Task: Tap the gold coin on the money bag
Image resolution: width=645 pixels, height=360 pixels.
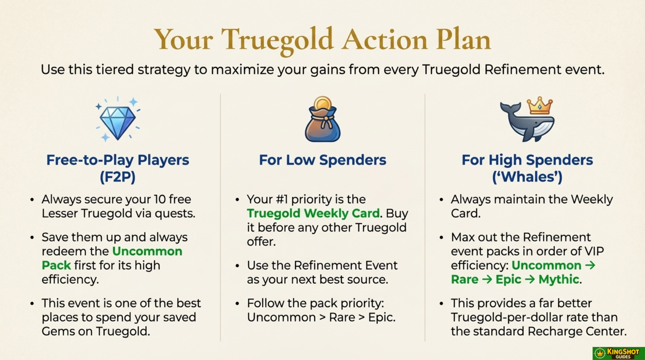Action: [322, 104]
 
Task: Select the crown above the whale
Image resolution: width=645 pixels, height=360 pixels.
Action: [539, 106]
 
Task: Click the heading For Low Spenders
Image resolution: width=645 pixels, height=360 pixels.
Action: [322, 160]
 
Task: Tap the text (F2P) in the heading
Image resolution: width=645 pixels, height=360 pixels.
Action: [117, 177]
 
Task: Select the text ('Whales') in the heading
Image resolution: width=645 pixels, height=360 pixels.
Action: [527, 177]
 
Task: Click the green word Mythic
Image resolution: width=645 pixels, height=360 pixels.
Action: [559, 279]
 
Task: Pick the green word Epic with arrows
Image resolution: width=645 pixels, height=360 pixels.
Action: [509, 279]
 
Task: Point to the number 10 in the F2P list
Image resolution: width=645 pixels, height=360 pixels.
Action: [160, 199]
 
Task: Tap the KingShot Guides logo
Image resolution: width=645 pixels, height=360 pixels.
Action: [619, 353]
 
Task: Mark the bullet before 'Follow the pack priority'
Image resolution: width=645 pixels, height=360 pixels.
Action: [237, 303]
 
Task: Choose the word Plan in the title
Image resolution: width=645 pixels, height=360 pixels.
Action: [463, 39]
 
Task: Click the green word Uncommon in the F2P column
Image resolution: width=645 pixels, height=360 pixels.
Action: [147, 251]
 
